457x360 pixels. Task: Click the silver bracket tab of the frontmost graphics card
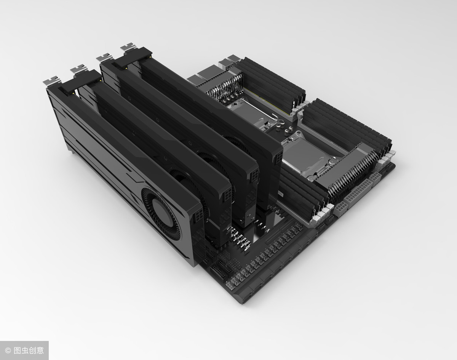52,80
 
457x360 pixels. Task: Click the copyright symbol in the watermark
8,350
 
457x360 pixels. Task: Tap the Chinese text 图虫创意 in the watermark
29,350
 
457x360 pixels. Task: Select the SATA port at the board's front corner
244,295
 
